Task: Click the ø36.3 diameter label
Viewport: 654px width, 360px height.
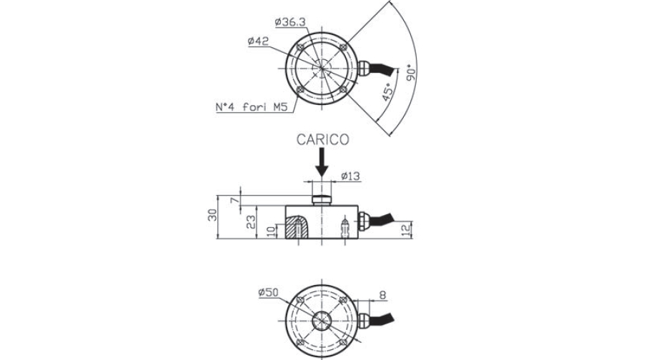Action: (x=290, y=23)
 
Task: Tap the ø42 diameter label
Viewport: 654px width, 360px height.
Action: (x=258, y=41)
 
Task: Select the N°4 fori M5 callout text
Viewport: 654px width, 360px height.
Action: (x=252, y=107)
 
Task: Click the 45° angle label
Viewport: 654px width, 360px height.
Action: (x=387, y=92)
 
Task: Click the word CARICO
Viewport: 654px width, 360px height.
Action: (x=322, y=139)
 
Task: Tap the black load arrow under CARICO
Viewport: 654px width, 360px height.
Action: (x=322, y=163)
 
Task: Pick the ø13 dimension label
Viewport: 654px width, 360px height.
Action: (x=350, y=176)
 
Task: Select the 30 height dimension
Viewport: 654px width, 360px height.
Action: (x=213, y=215)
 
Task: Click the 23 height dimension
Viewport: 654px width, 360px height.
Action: (x=251, y=222)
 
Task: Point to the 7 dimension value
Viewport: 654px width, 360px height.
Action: (x=236, y=201)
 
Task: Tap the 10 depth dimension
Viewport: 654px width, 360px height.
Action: (x=271, y=231)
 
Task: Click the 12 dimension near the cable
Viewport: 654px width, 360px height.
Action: (x=407, y=229)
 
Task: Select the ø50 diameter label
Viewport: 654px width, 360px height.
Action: (x=268, y=293)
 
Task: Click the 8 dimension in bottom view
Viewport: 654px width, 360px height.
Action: (x=382, y=295)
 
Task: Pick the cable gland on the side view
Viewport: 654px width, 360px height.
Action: (x=362, y=221)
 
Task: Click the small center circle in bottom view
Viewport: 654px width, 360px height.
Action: (x=322, y=321)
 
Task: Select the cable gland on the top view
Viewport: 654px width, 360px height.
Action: (x=363, y=69)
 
